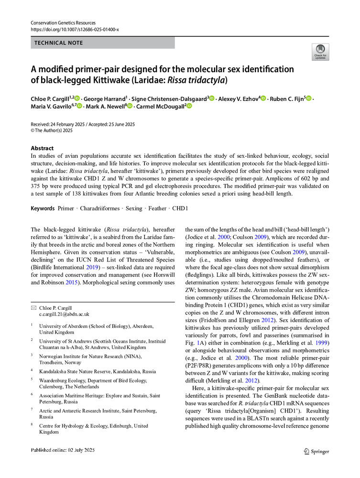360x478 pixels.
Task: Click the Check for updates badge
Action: pos(320,52)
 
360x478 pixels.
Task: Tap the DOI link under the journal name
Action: pos(74,29)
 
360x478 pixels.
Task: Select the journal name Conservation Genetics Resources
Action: pos(62,22)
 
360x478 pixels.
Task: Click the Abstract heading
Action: pos(42,148)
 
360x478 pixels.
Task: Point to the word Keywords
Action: pos(43,209)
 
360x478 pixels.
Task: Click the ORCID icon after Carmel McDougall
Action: pos(189,106)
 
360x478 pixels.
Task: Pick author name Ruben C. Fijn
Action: pos(285,98)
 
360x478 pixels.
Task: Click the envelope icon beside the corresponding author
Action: pos(33,307)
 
